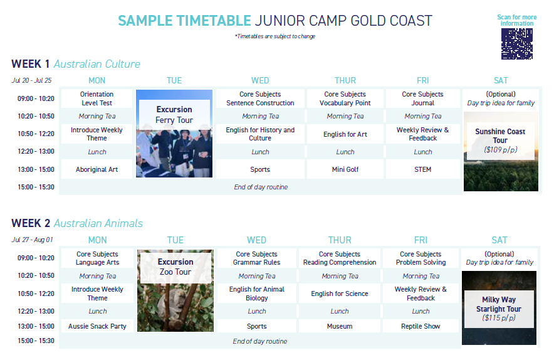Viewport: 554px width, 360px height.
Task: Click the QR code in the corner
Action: coord(516,44)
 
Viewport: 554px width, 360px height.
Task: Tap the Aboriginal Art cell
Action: coord(97,169)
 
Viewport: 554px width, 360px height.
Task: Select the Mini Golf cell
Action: coord(345,169)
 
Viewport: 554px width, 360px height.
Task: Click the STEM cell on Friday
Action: coord(423,169)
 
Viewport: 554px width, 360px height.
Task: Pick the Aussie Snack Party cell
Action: coord(98,326)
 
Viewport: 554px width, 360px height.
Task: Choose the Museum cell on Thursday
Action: coord(340,326)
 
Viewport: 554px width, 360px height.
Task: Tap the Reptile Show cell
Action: coord(421,326)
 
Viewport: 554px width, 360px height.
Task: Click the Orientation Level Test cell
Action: coord(97,98)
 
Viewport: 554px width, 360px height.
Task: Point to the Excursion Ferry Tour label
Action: coord(174,115)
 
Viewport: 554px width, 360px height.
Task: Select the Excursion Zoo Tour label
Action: coord(175,267)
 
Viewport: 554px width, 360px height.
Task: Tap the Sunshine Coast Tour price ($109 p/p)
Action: coord(501,150)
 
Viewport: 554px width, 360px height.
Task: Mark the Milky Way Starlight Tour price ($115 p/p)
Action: coord(499,317)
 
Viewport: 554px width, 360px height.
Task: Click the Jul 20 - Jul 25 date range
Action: coord(31,80)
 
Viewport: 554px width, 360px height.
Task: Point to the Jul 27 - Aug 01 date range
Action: coord(32,240)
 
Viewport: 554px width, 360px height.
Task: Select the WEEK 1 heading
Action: coord(30,64)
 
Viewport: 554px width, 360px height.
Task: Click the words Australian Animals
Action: coord(98,223)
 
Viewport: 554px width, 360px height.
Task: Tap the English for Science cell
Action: coord(340,294)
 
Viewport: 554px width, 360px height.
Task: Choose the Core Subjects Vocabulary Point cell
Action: coord(345,98)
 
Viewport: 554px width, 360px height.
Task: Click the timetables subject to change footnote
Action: coord(275,36)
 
